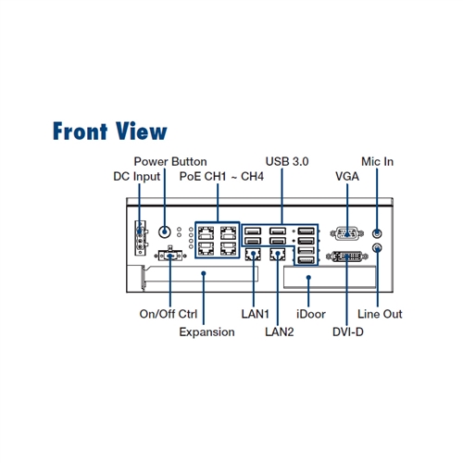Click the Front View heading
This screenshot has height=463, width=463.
(x=110, y=131)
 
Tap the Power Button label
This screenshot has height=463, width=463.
(x=170, y=161)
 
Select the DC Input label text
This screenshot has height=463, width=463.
(x=137, y=177)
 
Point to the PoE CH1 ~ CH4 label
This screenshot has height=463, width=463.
(x=221, y=176)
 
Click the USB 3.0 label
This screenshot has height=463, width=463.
(x=287, y=161)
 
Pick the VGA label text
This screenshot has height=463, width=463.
(x=347, y=176)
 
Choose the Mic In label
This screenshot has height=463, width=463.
(x=377, y=161)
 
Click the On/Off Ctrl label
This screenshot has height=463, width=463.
(x=169, y=314)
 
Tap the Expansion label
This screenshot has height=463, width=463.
(x=206, y=332)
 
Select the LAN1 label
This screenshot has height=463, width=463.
(x=256, y=314)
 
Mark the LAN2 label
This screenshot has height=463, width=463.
(x=280, y=332)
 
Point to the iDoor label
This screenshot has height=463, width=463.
(x=311, y=314)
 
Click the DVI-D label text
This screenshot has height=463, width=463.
(x=348, y=332)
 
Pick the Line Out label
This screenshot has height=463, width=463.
(x=380, y=314)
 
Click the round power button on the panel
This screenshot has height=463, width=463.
(x=165, y=231)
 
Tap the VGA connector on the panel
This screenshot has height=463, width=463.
(x=347, y=233)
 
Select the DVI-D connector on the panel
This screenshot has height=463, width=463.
(x=347, y=257)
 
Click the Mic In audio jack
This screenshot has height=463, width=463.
(x=377, y=233)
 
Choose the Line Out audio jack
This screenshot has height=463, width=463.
(x=377, y=248)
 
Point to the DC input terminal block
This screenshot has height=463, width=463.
(x=141, y=238)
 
